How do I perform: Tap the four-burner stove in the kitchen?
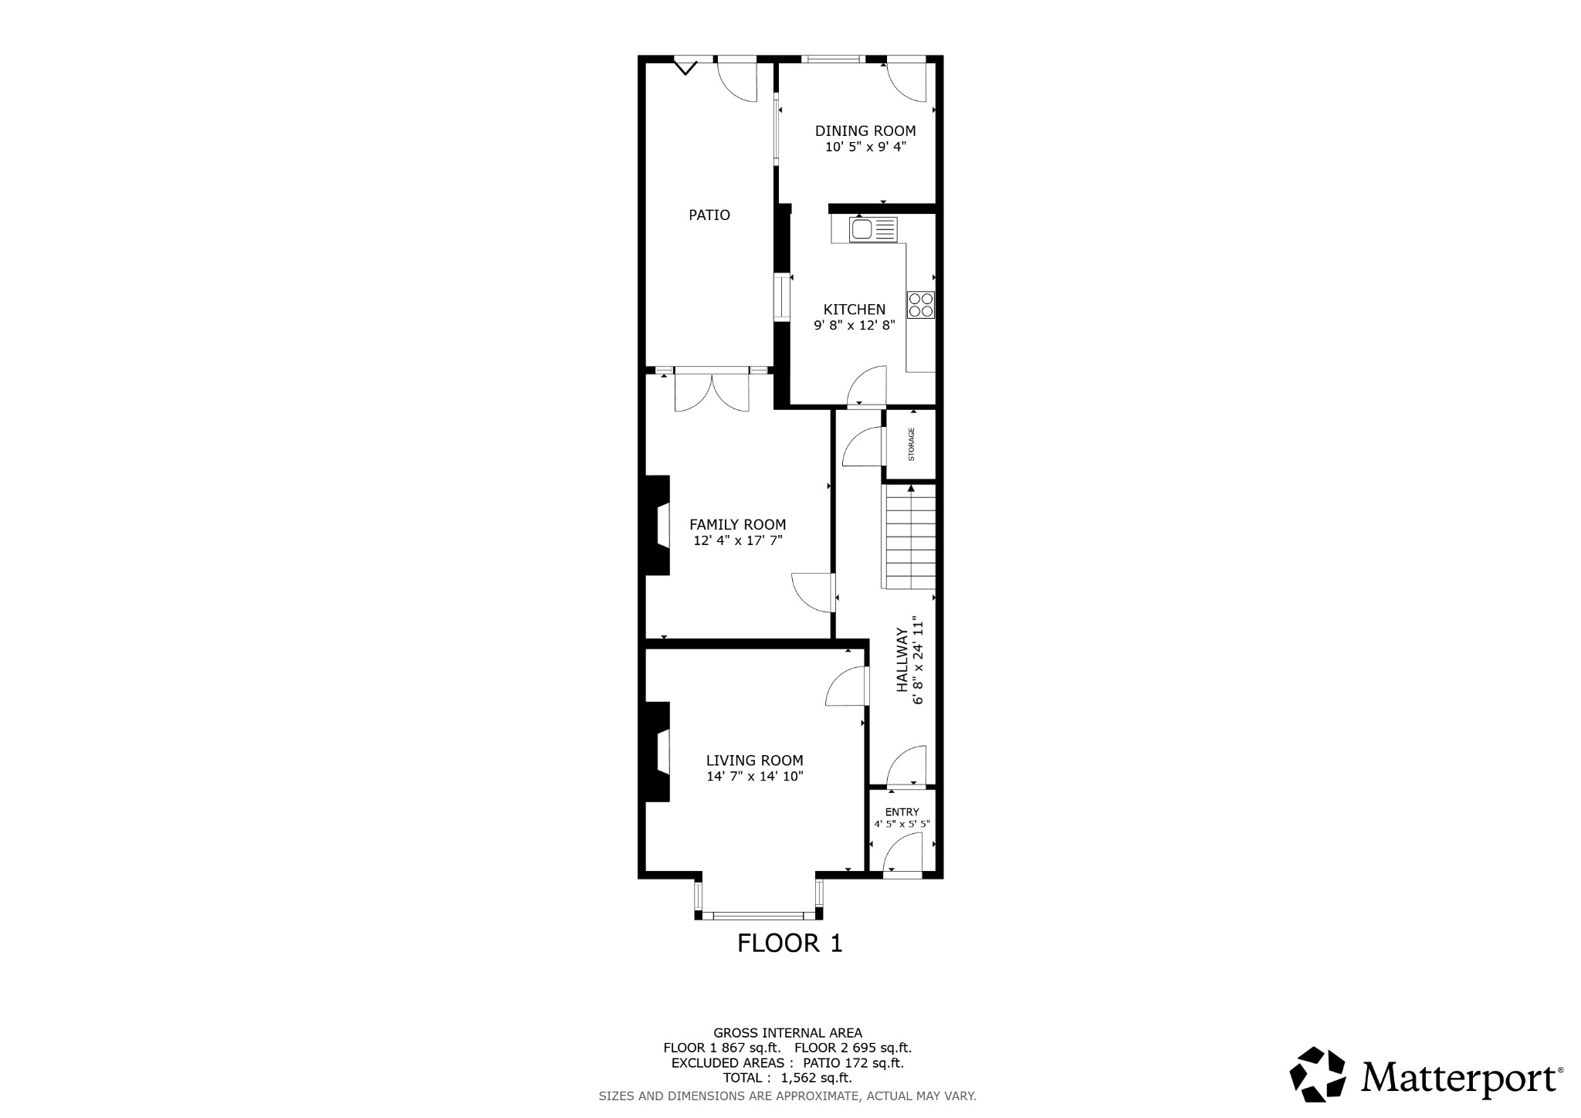click(x=921, y=304)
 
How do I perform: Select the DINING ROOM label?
click(x=865, y=131)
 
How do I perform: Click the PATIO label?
click(x=709, y=215)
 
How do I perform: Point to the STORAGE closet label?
click(x=911, y=445)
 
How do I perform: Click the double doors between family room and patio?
click(x=712, y=390)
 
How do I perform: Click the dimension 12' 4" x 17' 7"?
click(x=737, y=541)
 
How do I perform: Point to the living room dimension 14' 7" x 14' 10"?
click(x=754, y=777)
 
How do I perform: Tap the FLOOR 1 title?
click(x=789, y=944)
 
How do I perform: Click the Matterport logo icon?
click(x=1319, y=1074)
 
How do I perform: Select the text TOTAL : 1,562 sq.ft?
click(x=787, y=1078)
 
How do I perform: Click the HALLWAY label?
click(x=901, y=659)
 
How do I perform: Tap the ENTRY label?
click(x=902, y=812)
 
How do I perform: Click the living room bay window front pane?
click(x=758, y=916)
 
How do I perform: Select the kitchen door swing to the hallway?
click(x=867, y=386)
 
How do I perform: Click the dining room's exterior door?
click(x=906, y=79)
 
